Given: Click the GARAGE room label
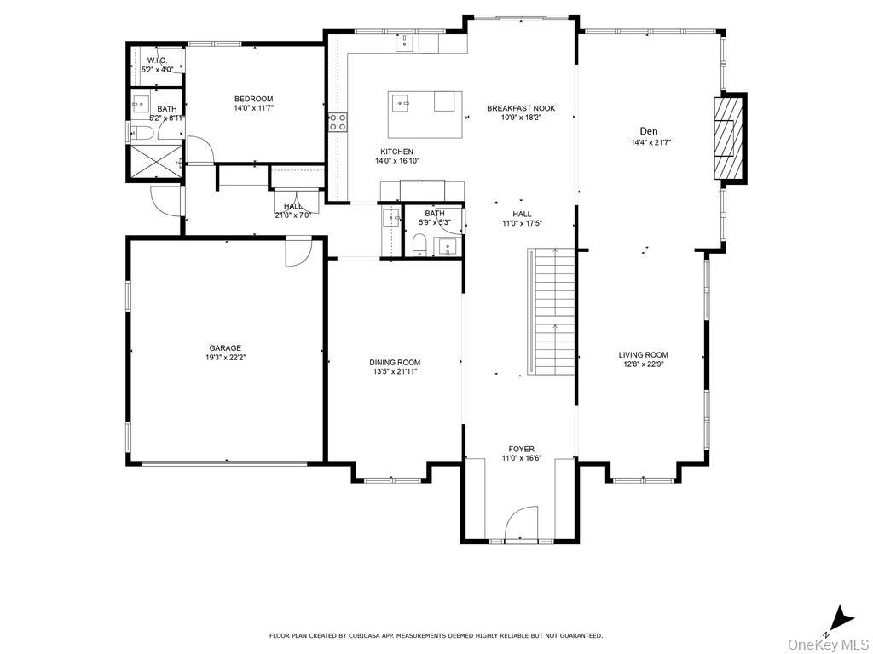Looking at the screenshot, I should point(225,347).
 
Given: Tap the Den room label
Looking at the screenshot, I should point(650,131).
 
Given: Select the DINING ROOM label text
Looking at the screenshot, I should point(394,363).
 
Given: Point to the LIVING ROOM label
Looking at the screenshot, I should point(643,355).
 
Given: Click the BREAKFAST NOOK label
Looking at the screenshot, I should point(521,108).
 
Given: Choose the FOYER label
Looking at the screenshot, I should point(521,449).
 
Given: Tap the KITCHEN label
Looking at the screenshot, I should point(396,152).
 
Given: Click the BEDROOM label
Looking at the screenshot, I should point(253,99).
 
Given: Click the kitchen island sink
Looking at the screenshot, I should point(402,103).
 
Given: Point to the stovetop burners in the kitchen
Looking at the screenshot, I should point(338,122).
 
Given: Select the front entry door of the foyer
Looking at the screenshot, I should point(521,525).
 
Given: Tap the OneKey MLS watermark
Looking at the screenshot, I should point(824,644).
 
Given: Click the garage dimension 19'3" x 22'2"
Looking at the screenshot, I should point(225,358).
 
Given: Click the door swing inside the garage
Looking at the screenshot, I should point(298,251).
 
